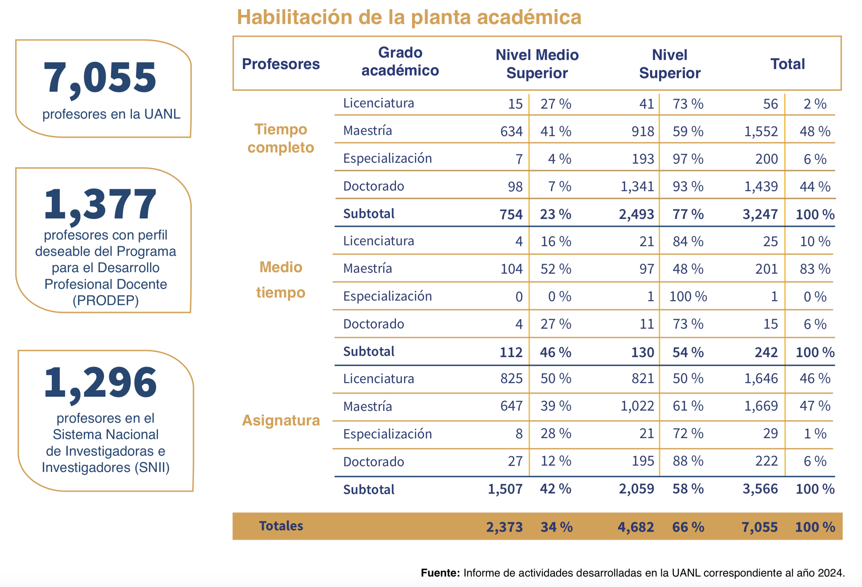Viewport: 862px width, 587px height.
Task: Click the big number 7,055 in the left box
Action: [100, 78]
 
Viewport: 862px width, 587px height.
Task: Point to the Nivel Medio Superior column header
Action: [537, 64]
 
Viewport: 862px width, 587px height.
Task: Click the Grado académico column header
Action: [400, 62]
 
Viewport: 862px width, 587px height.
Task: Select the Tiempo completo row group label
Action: [281, 138]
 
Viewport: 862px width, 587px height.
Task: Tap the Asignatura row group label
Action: [281, 420]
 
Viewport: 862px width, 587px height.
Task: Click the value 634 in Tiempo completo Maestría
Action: [511, 131]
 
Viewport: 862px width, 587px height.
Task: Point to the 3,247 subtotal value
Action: [760, 214]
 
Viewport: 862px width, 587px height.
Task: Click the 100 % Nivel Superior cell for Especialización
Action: [688, 297]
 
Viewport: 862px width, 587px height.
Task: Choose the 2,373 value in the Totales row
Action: [504, 527]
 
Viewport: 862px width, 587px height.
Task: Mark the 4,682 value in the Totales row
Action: [636, 527]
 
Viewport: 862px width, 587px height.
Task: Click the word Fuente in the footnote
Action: [440, 573]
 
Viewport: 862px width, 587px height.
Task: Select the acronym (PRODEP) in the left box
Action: [106, 300]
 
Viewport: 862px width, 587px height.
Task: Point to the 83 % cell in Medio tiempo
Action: [815, 269]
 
